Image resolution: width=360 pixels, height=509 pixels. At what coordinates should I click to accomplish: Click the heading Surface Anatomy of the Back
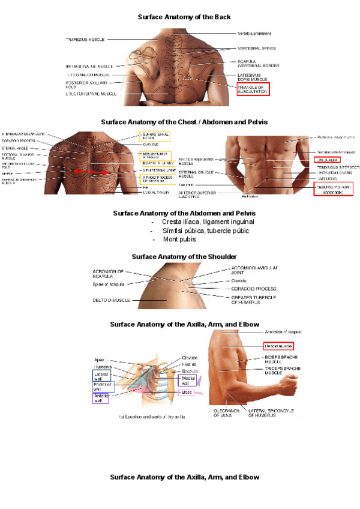184,17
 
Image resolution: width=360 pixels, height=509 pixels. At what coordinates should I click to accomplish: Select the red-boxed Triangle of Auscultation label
253,89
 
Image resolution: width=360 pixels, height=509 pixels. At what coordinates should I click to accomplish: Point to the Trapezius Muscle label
85,40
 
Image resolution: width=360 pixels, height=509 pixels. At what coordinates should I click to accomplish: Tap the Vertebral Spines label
256,47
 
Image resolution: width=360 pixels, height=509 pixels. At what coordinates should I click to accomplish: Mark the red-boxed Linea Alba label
328,160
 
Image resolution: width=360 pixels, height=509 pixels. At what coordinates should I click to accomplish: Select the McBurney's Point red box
333,190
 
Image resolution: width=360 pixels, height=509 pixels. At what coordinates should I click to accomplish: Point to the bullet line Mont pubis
180,239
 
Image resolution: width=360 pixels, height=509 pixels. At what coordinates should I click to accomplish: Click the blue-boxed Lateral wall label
101,376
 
